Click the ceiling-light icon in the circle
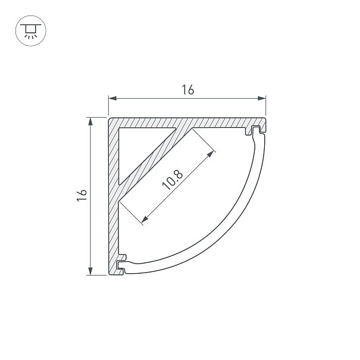[31, 31]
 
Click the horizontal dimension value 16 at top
[188, 90]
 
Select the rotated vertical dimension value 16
[82, 195]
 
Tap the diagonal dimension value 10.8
[173, 180]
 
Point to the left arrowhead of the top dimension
[112, 99]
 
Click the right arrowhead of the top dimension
[261, 99]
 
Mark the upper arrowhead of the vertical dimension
[90, 121]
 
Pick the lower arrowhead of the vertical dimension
[90, 271]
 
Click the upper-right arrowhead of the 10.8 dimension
[210, 155]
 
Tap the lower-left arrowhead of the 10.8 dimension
[145, 220]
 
